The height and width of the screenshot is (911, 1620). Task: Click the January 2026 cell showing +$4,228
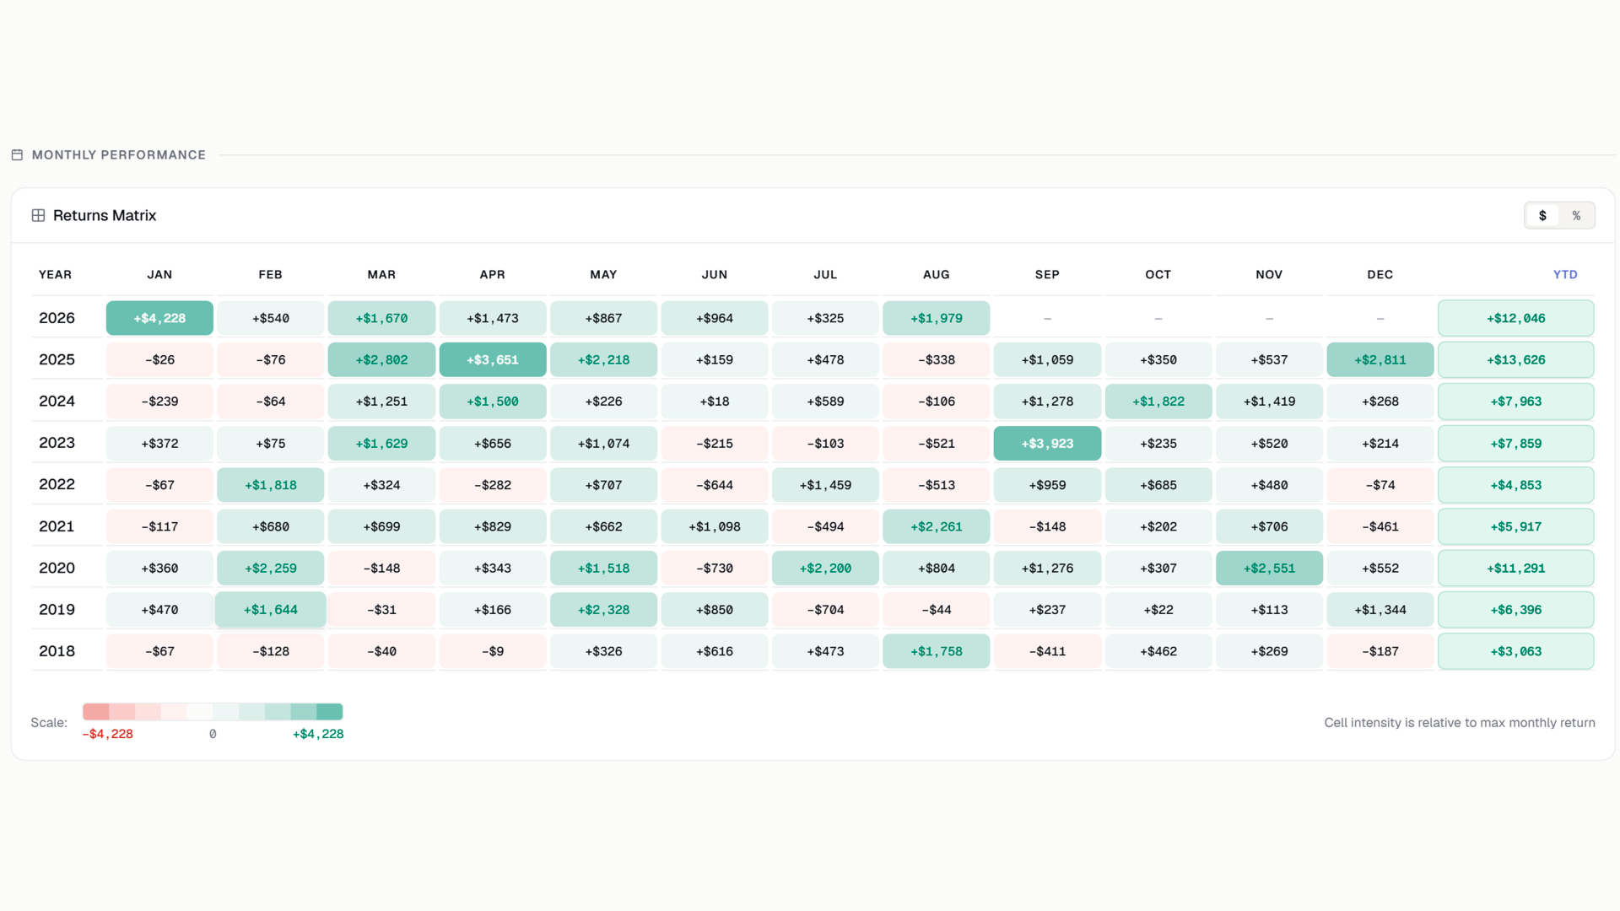(x=159, y=318)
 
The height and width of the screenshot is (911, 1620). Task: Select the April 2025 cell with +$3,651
(x=493, y=359)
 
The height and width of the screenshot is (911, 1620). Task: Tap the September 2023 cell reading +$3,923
(x=1047, y=443)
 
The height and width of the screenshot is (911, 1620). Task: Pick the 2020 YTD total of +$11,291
(x=1516, y=568)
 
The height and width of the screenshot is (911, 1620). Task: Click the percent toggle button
(x=1576, y=215)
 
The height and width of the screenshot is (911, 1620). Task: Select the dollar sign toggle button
(x=1542, y=215)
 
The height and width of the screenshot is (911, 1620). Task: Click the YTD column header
(x=1565, y=274)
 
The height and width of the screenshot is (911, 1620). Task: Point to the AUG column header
(x=937, y=274)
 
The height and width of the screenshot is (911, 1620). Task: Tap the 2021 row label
(x=57, y=526)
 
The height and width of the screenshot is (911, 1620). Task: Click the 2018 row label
(x=57, y=651)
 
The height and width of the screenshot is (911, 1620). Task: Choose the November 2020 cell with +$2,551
(x=1269, y=568)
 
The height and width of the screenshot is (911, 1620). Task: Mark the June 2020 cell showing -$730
(x=715, y=568)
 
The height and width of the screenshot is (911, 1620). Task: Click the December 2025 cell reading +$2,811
(x=1380, y=359)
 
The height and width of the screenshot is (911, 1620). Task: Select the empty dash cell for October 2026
(x=1158, y=318)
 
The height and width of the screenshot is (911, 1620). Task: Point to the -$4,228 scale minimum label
(x=107, y=734)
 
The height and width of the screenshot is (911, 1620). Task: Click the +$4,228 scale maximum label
(x=318, y=734)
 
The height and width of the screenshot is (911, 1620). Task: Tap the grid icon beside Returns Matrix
(x=38, y=215)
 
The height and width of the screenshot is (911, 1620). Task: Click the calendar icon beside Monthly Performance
(x=17, y=154)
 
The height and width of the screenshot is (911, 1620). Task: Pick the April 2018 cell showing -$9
(x=493, y=651)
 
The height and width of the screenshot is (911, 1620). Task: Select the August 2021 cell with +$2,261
(x=937, y=526)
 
